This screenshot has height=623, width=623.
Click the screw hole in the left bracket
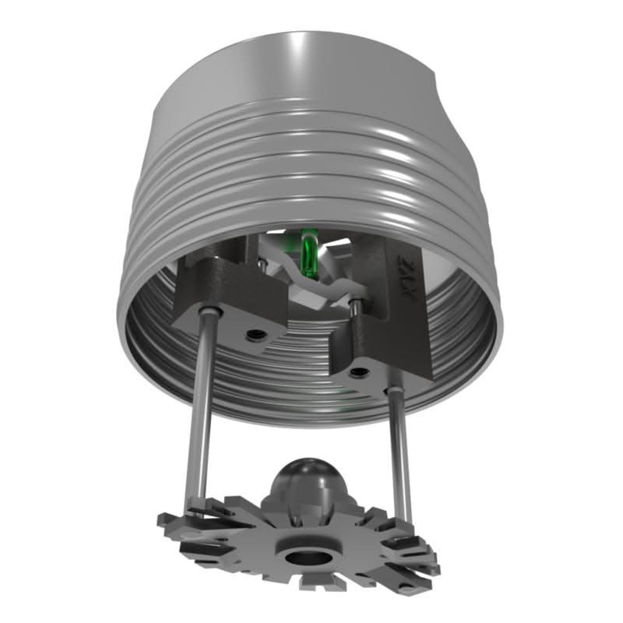pyautogui.click(x=254, y=334)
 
